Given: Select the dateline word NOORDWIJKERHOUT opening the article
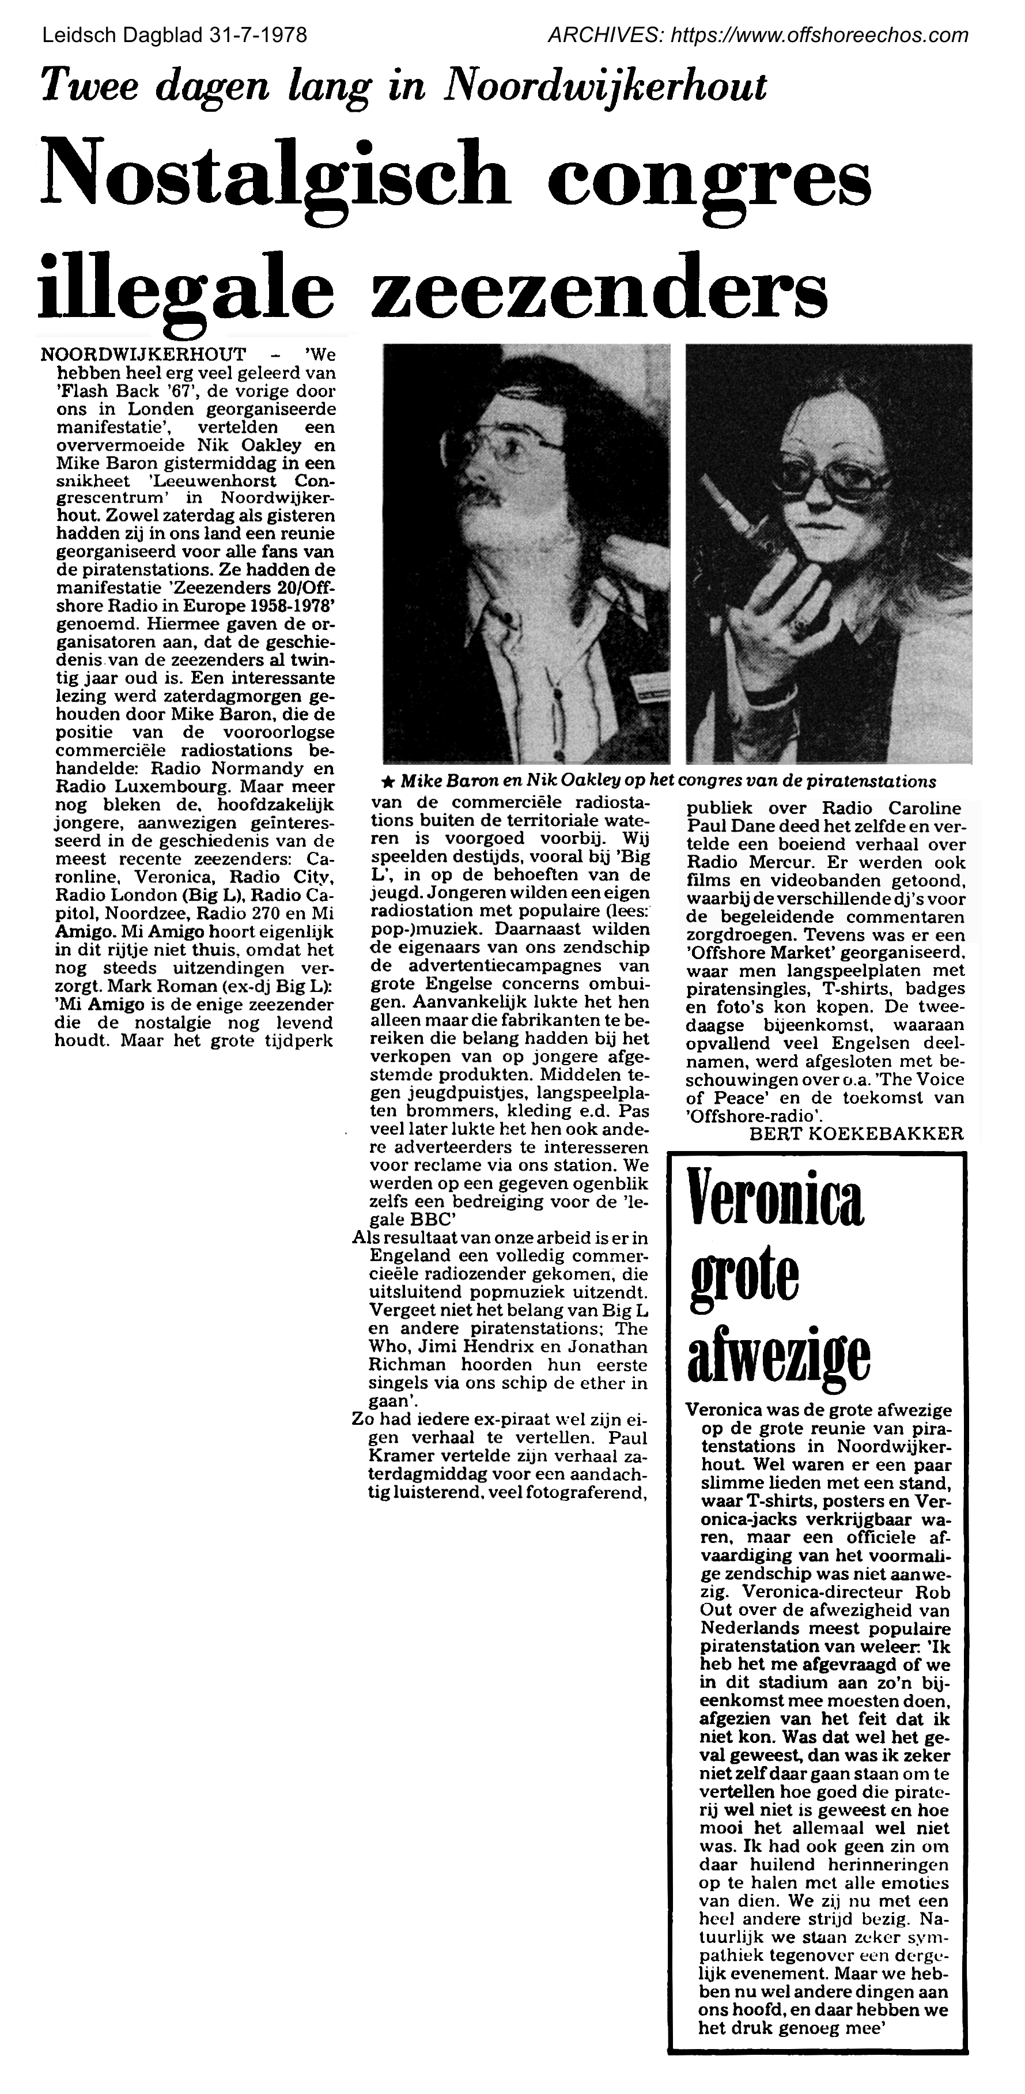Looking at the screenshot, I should [143, 355].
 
